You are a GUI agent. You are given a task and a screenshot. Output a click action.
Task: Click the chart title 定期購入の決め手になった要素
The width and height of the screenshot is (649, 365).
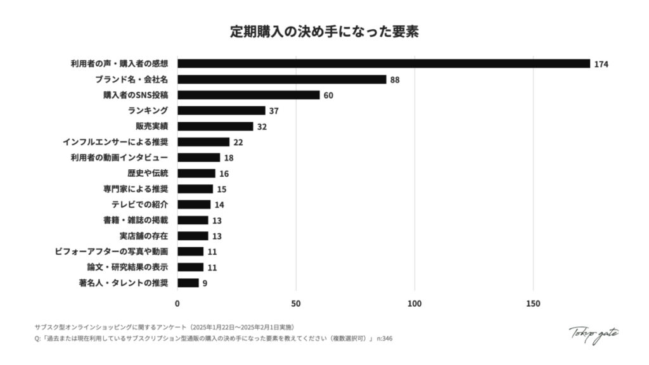324,32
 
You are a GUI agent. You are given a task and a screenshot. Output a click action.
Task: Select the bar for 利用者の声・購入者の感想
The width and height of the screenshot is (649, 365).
383,63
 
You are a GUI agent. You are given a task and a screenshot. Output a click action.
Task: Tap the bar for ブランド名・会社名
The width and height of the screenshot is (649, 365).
281,79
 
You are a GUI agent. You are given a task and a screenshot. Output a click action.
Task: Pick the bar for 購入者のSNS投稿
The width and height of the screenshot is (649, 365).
248,95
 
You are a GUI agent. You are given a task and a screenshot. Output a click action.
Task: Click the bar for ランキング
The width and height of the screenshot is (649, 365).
221,111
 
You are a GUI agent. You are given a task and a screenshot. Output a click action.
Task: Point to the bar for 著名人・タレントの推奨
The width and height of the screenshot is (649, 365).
188,283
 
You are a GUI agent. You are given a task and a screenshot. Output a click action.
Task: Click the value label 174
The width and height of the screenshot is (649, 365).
601,64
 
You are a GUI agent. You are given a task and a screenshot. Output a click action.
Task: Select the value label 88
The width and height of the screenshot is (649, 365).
395,80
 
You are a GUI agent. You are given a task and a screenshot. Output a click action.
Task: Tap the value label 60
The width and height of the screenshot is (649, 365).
328,96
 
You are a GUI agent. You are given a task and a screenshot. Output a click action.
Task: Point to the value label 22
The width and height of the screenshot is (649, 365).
238,143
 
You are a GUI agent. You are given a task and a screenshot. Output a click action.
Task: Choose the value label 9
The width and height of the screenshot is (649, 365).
205,283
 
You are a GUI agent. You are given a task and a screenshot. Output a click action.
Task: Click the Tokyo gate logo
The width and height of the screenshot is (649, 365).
593,335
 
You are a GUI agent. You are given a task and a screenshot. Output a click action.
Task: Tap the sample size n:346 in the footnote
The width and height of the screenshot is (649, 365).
385,339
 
